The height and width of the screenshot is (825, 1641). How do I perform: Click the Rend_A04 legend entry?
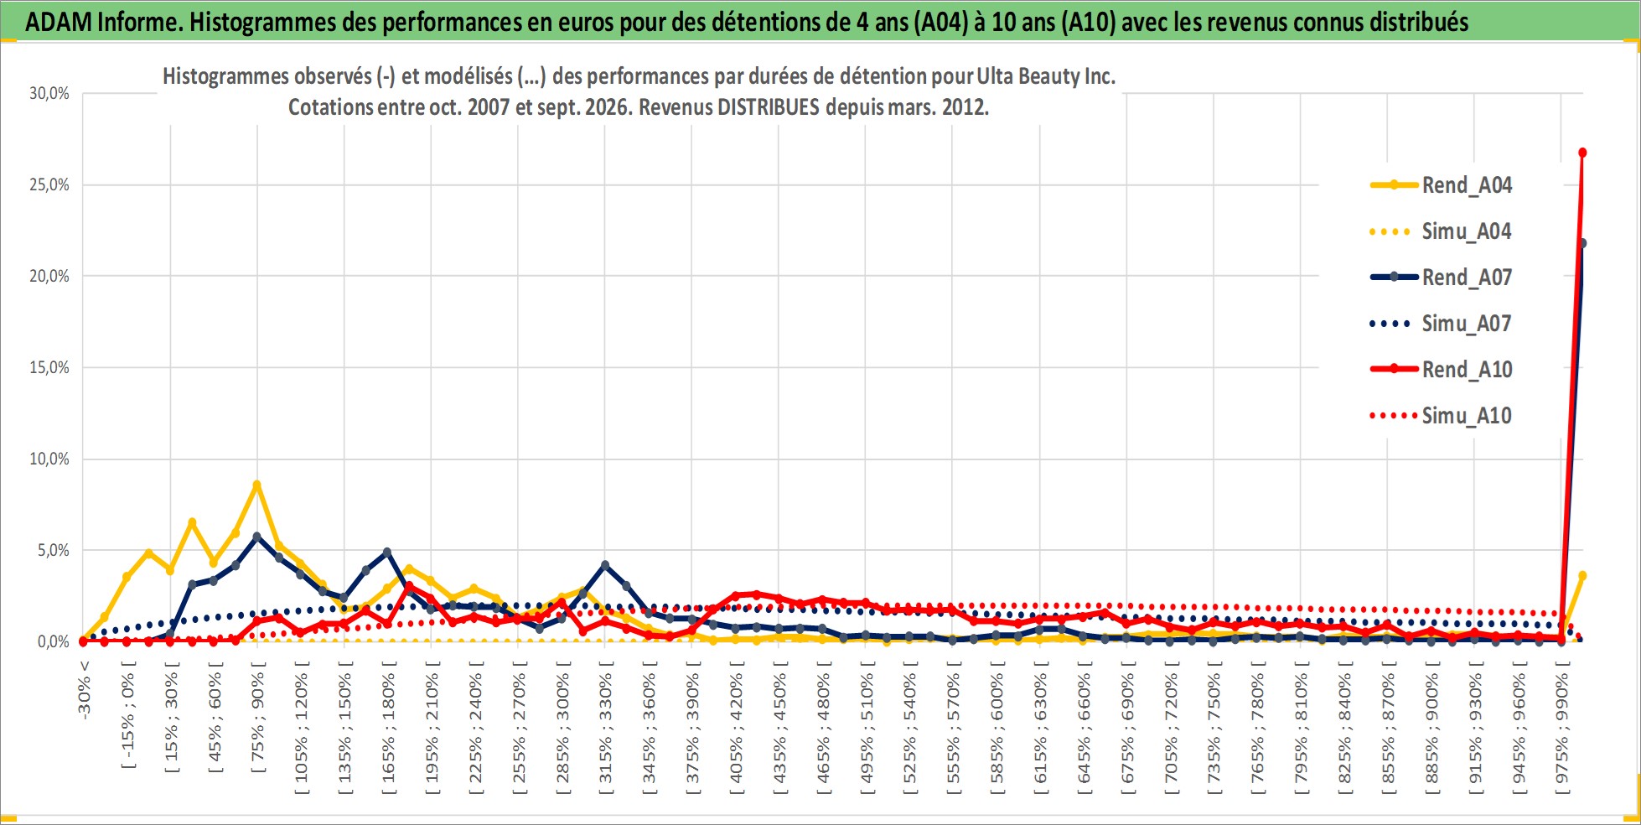click(x=1441, y=185)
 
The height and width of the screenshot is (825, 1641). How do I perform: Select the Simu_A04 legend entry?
click(x=1441, y=231)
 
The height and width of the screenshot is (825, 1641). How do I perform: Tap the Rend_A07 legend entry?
click(x=1441, y=278)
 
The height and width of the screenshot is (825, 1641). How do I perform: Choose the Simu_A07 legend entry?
click(x=1441, y=324)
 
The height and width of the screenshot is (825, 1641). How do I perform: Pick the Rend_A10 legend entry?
click(x=1441, y=370)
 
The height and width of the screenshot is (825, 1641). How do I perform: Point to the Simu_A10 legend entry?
click(x=1441, y=416)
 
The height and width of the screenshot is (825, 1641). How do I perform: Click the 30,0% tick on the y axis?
click(x=49, y=93)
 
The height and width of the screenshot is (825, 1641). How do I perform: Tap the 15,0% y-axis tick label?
click(x=49, y=367)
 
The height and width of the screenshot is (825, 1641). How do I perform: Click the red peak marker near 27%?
click(x=1582, y=153)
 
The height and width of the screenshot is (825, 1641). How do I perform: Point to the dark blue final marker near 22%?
click(x=1582, y=243)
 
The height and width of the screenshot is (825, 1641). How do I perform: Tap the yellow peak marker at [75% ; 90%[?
click(x=257, y=485)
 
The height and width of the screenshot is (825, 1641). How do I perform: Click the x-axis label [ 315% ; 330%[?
click(x=606, y=723)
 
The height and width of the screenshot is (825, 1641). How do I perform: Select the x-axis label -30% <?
click(x=84, y=688)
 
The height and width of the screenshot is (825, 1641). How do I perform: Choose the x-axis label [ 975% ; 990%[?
click(x=1563, y=723)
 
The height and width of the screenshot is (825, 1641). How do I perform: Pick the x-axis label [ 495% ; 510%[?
click(x=867, y=723)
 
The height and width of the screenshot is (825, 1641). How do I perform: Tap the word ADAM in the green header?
click(x=59, y=22)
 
